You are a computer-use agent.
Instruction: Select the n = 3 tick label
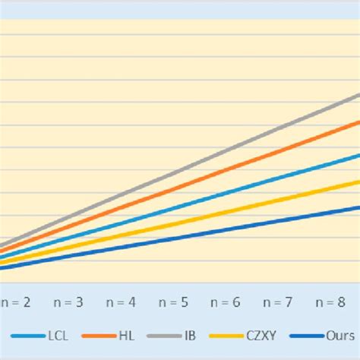(x=68, y=302)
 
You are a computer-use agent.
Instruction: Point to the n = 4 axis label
(x=121, y=302)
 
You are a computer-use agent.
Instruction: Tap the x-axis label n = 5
(x=173, y=302)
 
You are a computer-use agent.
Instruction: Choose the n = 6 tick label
(x=226, y=302)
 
